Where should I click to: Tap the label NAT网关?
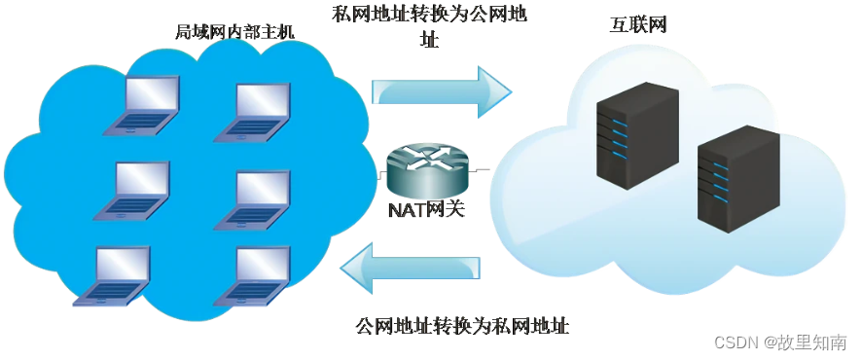click(426, 209)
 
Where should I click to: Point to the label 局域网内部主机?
click(234, 32)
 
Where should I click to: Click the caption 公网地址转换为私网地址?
click(462, 325)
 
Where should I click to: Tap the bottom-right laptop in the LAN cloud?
click(257, 276)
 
